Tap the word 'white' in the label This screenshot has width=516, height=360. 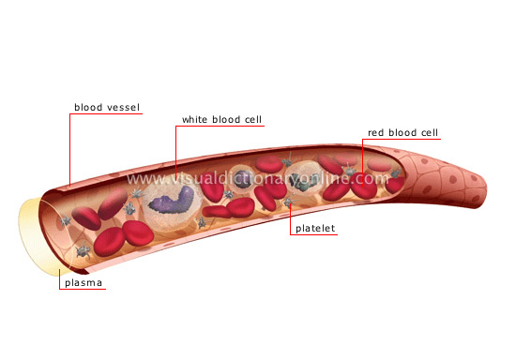coord(196,120)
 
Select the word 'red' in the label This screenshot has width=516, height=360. coord(375,133)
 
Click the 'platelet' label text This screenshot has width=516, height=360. coord(314,227)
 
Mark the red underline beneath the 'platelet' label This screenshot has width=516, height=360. coord(314,234)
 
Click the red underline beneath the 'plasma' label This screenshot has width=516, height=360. coord(82,289)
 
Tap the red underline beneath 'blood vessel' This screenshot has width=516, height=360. coord(106,115)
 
